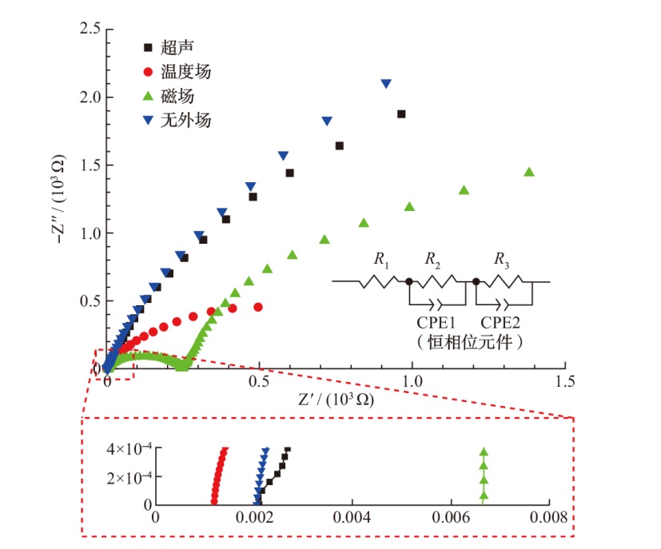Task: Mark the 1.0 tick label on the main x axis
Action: (x=412, y=383)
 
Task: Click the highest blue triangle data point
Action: (x=386, y=84)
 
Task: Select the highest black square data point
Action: (x=401, y=114)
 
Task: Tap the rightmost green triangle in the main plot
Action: (x=528, y=172)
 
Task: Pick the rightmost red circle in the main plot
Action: (x=258, y=307)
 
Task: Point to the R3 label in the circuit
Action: (x=501, y=259)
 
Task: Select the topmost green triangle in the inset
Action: (x=483, y=452)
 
